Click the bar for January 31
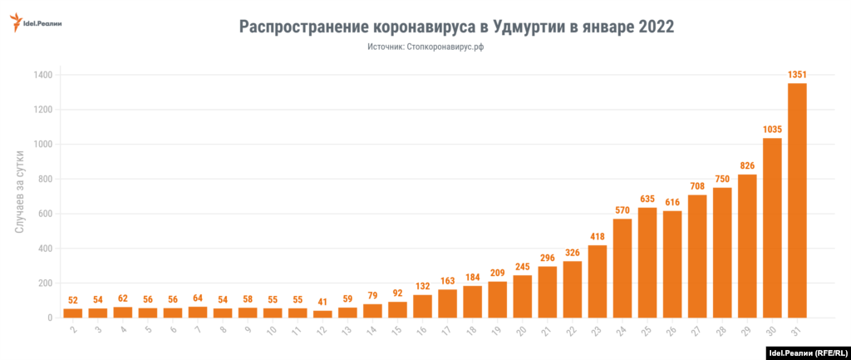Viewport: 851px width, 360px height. [x=797, y=200]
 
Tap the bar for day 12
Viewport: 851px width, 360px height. [x=322, y=314]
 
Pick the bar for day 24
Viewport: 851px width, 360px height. [x=622, y=268]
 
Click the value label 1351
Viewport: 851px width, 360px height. [x=797, y=75]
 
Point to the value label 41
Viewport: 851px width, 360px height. [x=322, y=302]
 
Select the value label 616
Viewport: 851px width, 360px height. [x=672, y=202]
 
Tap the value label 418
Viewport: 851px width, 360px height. [x=598, y=237]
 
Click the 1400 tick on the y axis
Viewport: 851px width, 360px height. [x=44, y=75]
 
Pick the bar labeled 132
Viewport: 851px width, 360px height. [x=422, y=306]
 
